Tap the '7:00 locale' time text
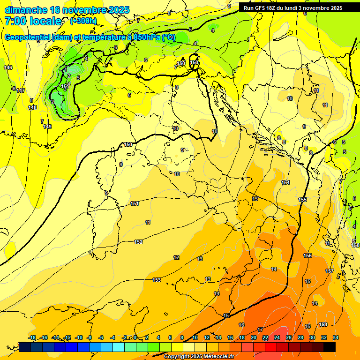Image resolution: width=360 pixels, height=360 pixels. [x=33, y=21]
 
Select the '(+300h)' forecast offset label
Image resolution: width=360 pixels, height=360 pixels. [x=83, y=21]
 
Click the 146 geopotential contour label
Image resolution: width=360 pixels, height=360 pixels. [x=8, y=68]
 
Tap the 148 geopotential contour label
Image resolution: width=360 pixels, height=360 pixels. [x=32, y=107]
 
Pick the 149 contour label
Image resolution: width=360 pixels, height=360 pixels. [x=47, y=127]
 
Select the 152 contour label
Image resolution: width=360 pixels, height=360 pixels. [x=138, y=242]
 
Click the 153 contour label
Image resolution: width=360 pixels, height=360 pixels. [x=157, y=280]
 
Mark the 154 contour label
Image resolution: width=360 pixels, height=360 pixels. [x=285, y=182]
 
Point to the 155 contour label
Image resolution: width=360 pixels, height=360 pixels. [x=302, y=200]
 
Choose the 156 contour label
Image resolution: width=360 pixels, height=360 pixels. [x=307, y=255]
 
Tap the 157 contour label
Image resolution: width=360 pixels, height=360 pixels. [x=330, y=271]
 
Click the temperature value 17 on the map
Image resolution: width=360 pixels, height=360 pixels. [x=260, y=330]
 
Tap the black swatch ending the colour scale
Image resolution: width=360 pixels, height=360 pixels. [x=329, y=346]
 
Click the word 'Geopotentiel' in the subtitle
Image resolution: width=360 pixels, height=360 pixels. [x=27, y=37]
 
